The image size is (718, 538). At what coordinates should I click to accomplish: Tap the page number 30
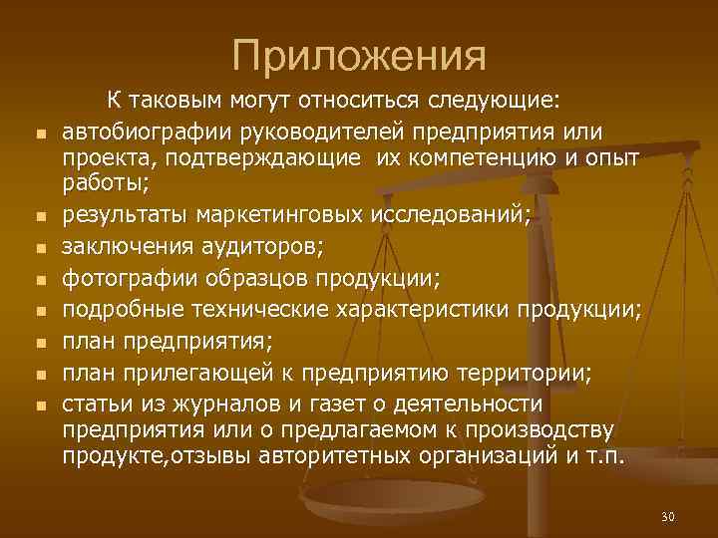pos(668,516)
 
